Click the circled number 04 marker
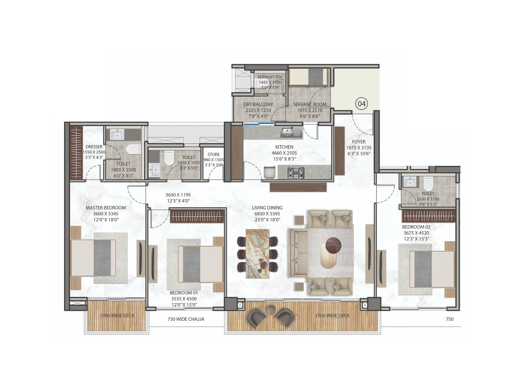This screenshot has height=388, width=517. click(362, 104)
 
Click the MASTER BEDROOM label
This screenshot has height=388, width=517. click(106, 208)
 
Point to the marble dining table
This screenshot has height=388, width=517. click(257, 253)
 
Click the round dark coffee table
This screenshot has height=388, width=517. click(333, 244)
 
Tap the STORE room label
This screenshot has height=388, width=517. click(214, 154)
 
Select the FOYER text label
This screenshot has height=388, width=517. click(359, 142)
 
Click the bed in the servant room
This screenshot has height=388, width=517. click(309, 77)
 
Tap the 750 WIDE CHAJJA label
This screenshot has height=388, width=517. click(186, 319)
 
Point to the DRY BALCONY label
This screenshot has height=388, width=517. click(258, 104)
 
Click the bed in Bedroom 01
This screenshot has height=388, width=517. click(201, 264)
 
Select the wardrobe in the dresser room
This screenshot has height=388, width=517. click(76, 152)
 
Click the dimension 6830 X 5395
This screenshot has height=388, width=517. click(267, 214)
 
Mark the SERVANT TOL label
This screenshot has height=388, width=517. click(270, 77)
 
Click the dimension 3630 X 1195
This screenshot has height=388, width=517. click(178, 195)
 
